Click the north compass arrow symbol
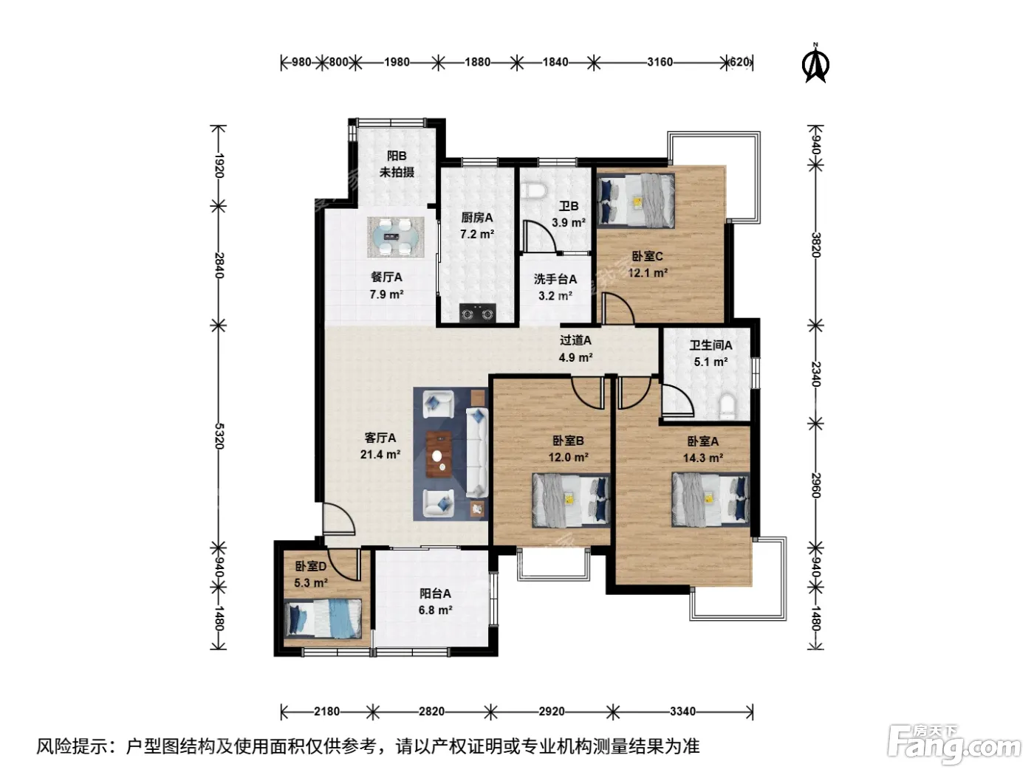pos(815,64)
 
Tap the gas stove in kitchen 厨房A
pos(477,312)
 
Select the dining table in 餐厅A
pos(396,237)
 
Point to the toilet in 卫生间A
pos(727,407)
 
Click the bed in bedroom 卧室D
pos(323,619)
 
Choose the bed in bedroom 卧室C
pos(636,201)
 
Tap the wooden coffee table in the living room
pos(439,454)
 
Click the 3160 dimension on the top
pos(660,62)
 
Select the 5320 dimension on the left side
pos(219,436)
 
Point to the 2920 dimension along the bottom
pos(552,711)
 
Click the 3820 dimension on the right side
pos(815,245)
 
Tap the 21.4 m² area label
pos(380,455)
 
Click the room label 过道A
pos(575,340)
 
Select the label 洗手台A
pos(555,279)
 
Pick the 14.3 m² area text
pos(703,458)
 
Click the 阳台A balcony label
pos(435,593)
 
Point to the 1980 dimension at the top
pos(397,62)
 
